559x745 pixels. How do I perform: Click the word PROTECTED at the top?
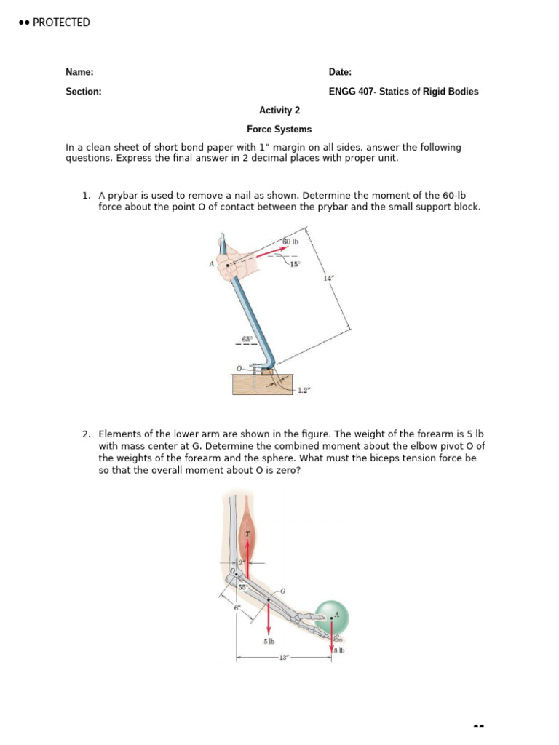coord(61,23)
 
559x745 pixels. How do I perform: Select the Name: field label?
coord(79,72)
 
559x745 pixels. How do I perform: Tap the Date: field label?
coord(340,72)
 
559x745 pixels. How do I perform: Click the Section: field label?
coord(83,92)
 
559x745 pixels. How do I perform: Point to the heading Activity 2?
coord(279,111)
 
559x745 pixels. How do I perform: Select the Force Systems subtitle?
coord(279,130)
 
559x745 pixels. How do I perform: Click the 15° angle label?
coord(294,264)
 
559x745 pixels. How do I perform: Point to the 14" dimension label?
coord(329,279)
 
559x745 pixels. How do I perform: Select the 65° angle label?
coord(247,339)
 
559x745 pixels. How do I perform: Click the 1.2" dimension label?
coord(304,391)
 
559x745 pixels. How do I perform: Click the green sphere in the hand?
coord(332,618)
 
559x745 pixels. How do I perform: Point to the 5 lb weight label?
coord(269,642)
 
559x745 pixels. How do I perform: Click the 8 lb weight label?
coord(339,650)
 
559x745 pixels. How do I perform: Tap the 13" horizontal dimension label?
coord(284,658)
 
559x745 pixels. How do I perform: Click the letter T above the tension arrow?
coord(247,534)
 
